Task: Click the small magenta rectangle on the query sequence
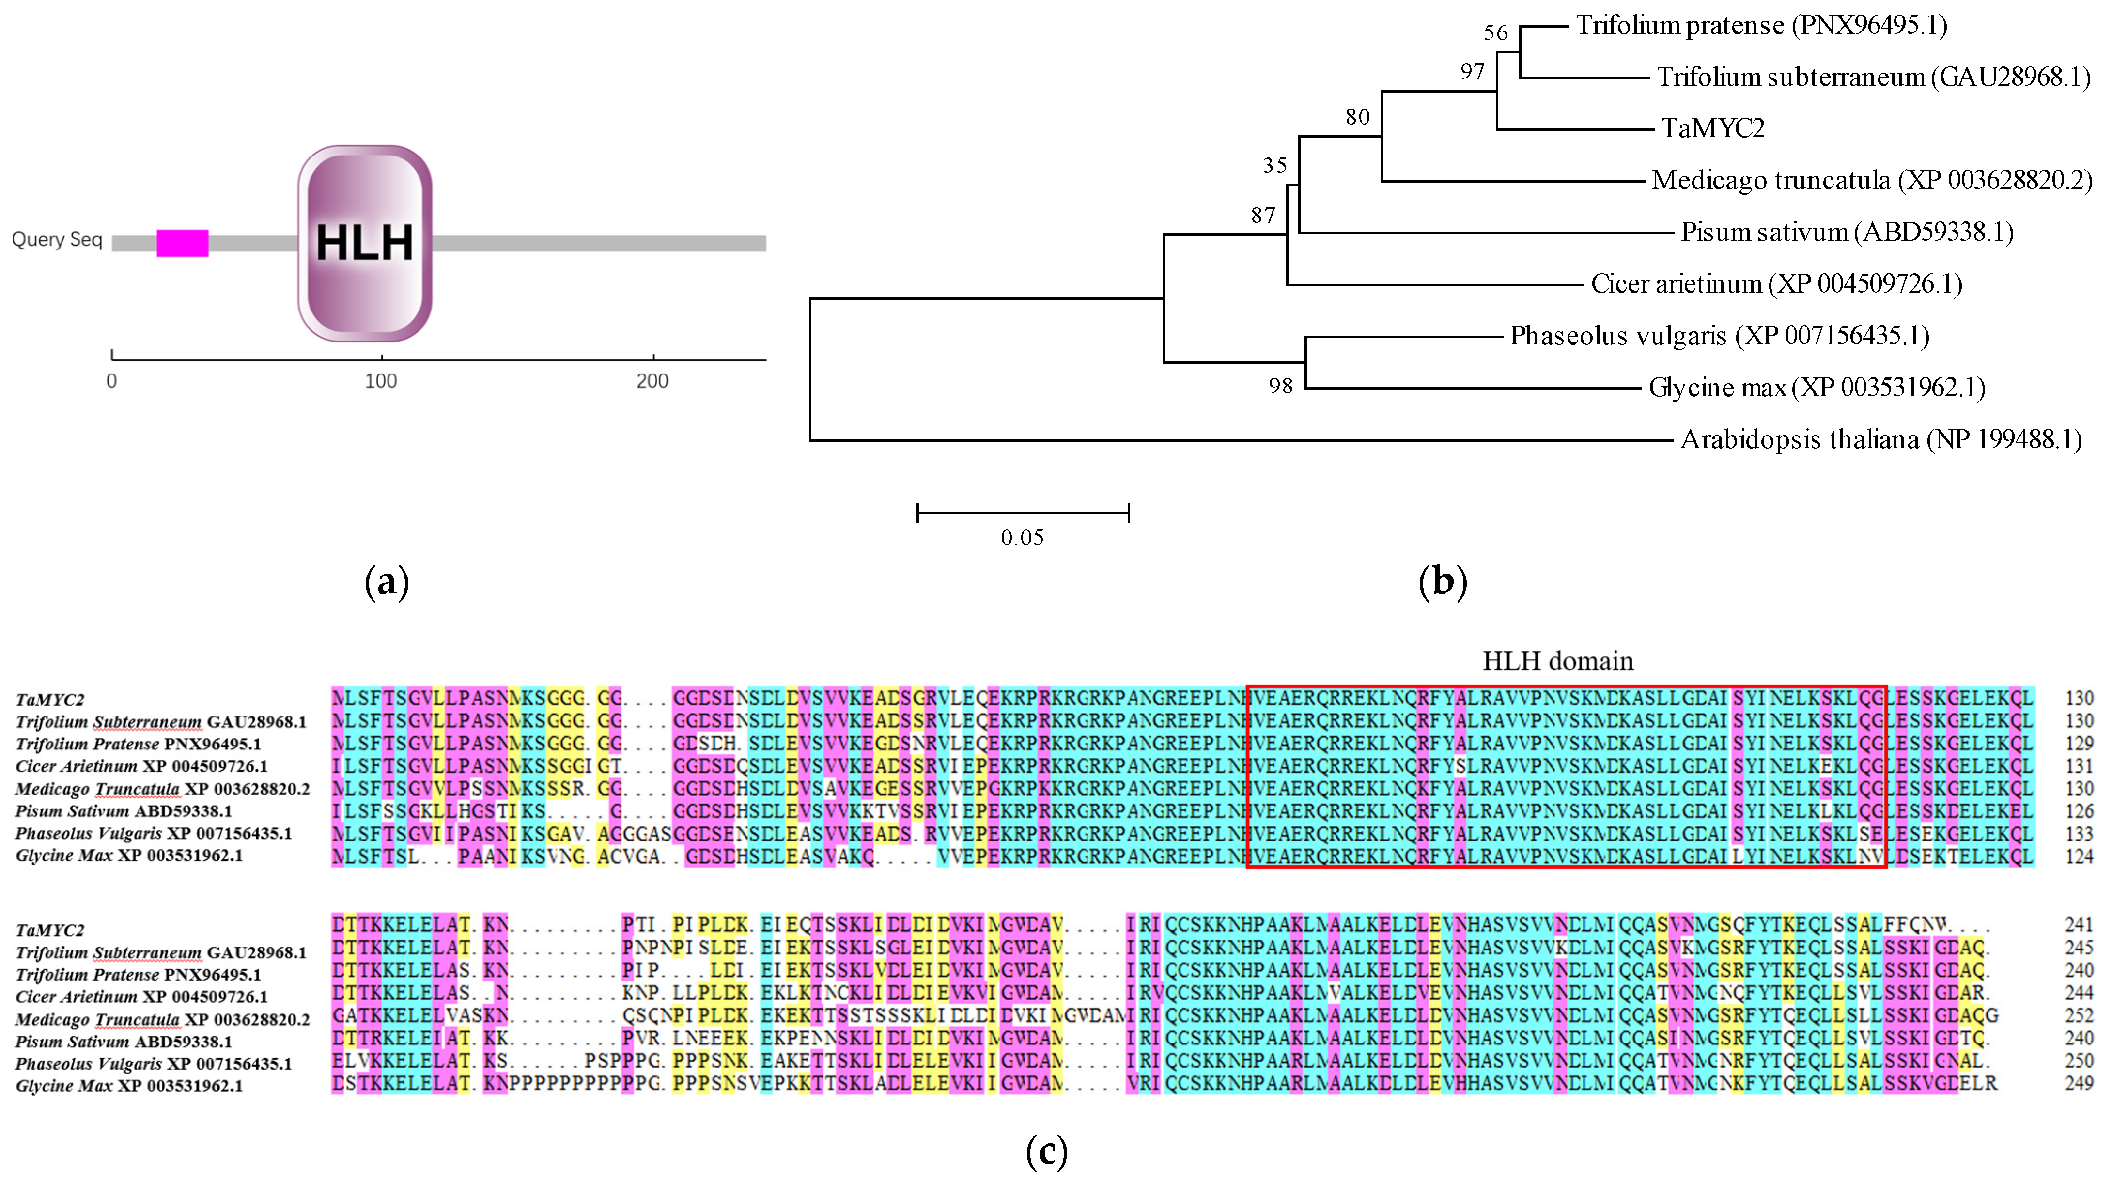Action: [x=182, y=244]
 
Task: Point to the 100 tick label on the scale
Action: [x=380, y=381]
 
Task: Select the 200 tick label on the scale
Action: [x=652, y=381]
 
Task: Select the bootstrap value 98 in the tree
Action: [x=1280, y=386]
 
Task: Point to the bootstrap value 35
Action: [x=1274, y=166]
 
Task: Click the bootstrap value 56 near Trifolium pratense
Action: [x=1495, y=33]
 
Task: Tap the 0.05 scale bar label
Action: [x=1022, y=538]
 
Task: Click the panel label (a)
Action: [x=386, y=582]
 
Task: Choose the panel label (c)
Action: [x=1046, y=1152]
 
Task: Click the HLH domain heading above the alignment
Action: [x=1557, y=661]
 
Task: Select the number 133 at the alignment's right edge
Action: [x=2079, y=834]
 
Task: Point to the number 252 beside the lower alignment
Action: [x=2079, y=1016]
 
